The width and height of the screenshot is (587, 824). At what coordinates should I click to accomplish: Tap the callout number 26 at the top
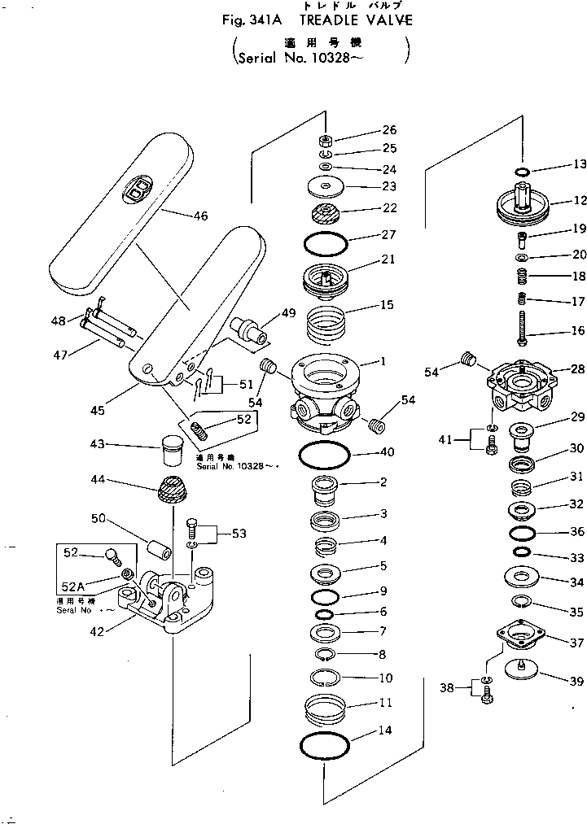pos(389,130)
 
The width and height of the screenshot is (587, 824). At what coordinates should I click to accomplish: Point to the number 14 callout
pos(384,731)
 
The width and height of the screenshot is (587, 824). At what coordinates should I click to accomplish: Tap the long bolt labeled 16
pos(522,334)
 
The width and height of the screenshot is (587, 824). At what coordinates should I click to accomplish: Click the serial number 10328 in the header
pos(351,59)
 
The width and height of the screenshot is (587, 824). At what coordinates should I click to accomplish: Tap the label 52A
pos(74,586)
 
